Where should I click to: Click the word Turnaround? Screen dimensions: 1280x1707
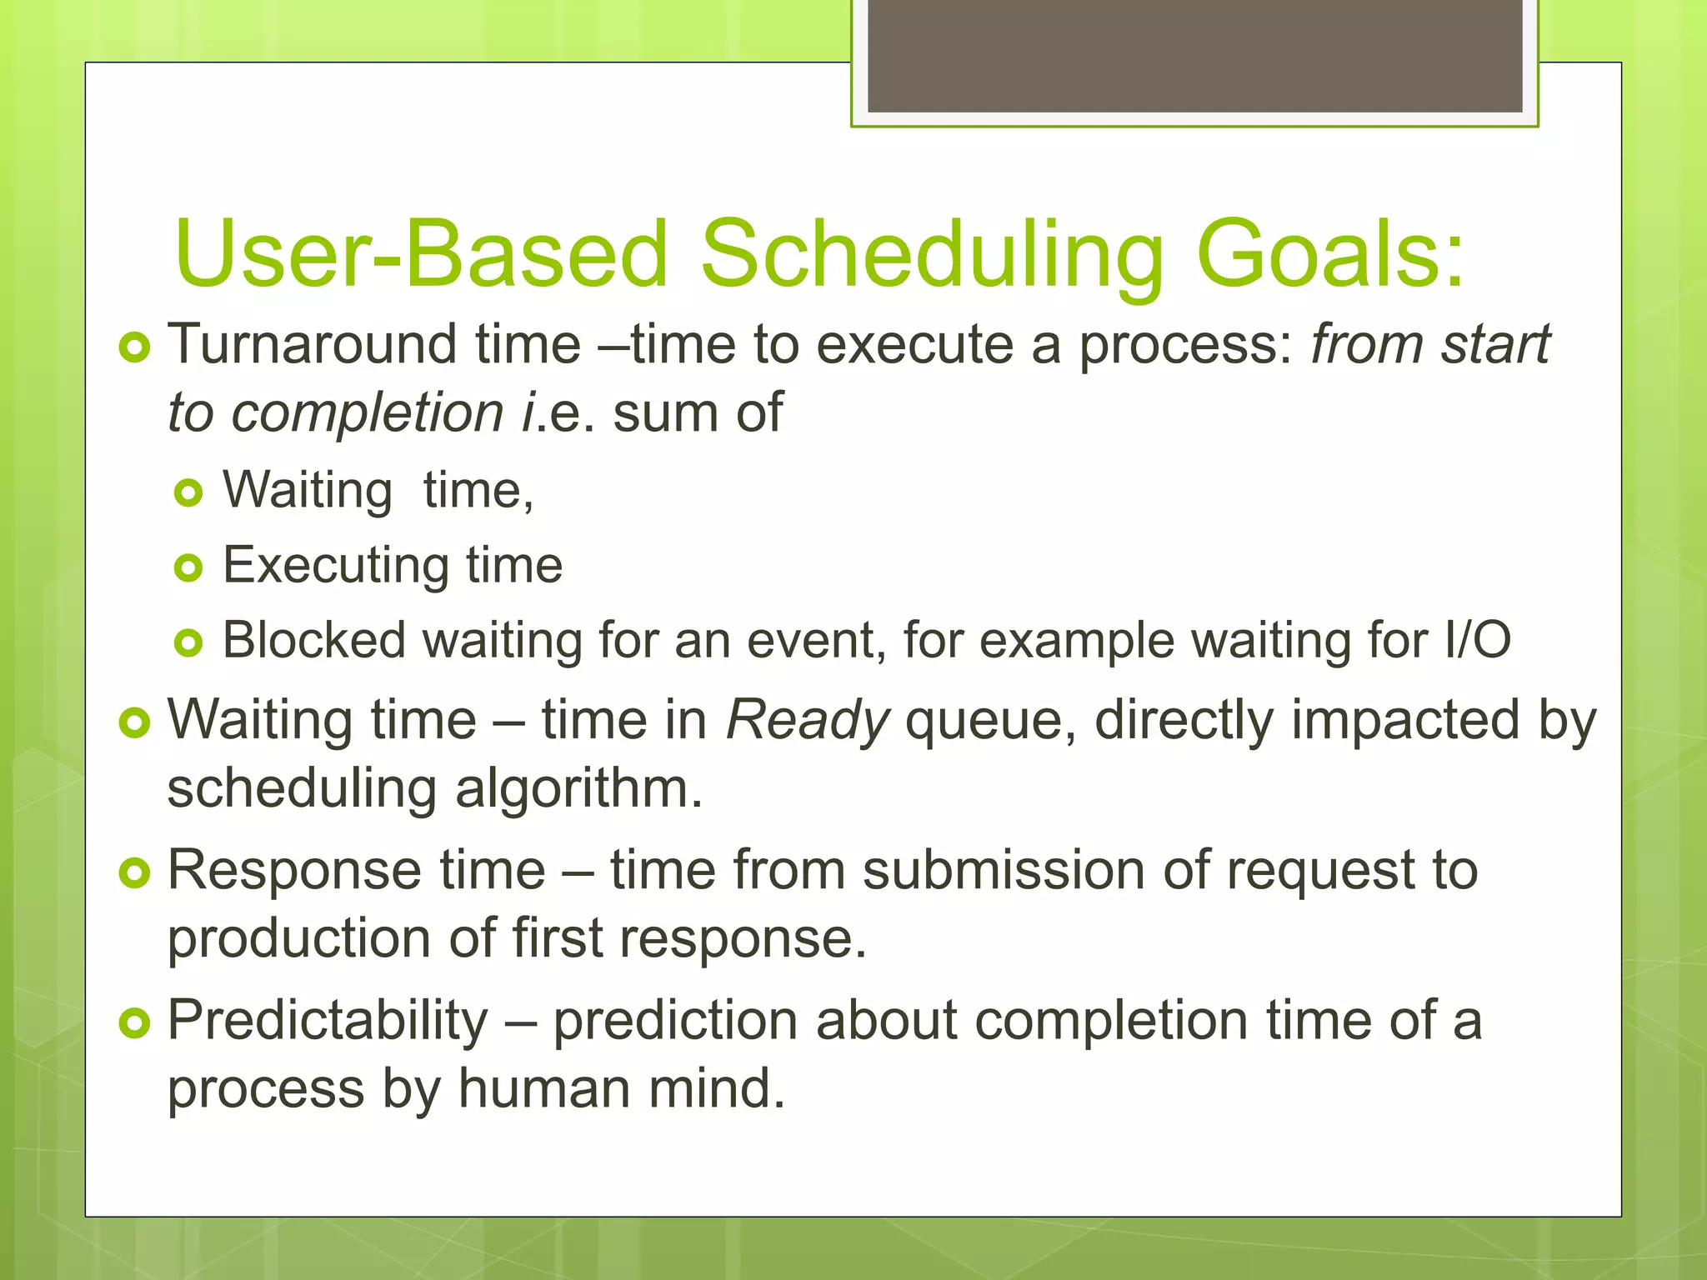point(313,344)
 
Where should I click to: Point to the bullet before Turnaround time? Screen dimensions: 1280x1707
point(134,347)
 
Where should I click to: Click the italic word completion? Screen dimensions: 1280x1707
point(368,413)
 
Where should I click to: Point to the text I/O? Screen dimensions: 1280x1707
point(1477,640)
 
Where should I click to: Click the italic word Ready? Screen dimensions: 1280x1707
point(807,721)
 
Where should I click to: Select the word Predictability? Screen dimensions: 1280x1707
point(328,1021)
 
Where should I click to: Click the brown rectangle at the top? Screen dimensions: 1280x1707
point(1194,55)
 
